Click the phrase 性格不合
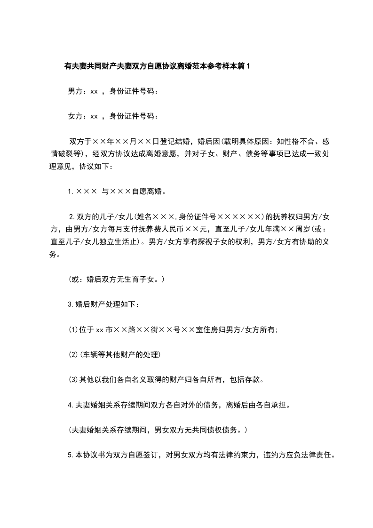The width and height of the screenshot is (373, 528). [292, 141]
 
